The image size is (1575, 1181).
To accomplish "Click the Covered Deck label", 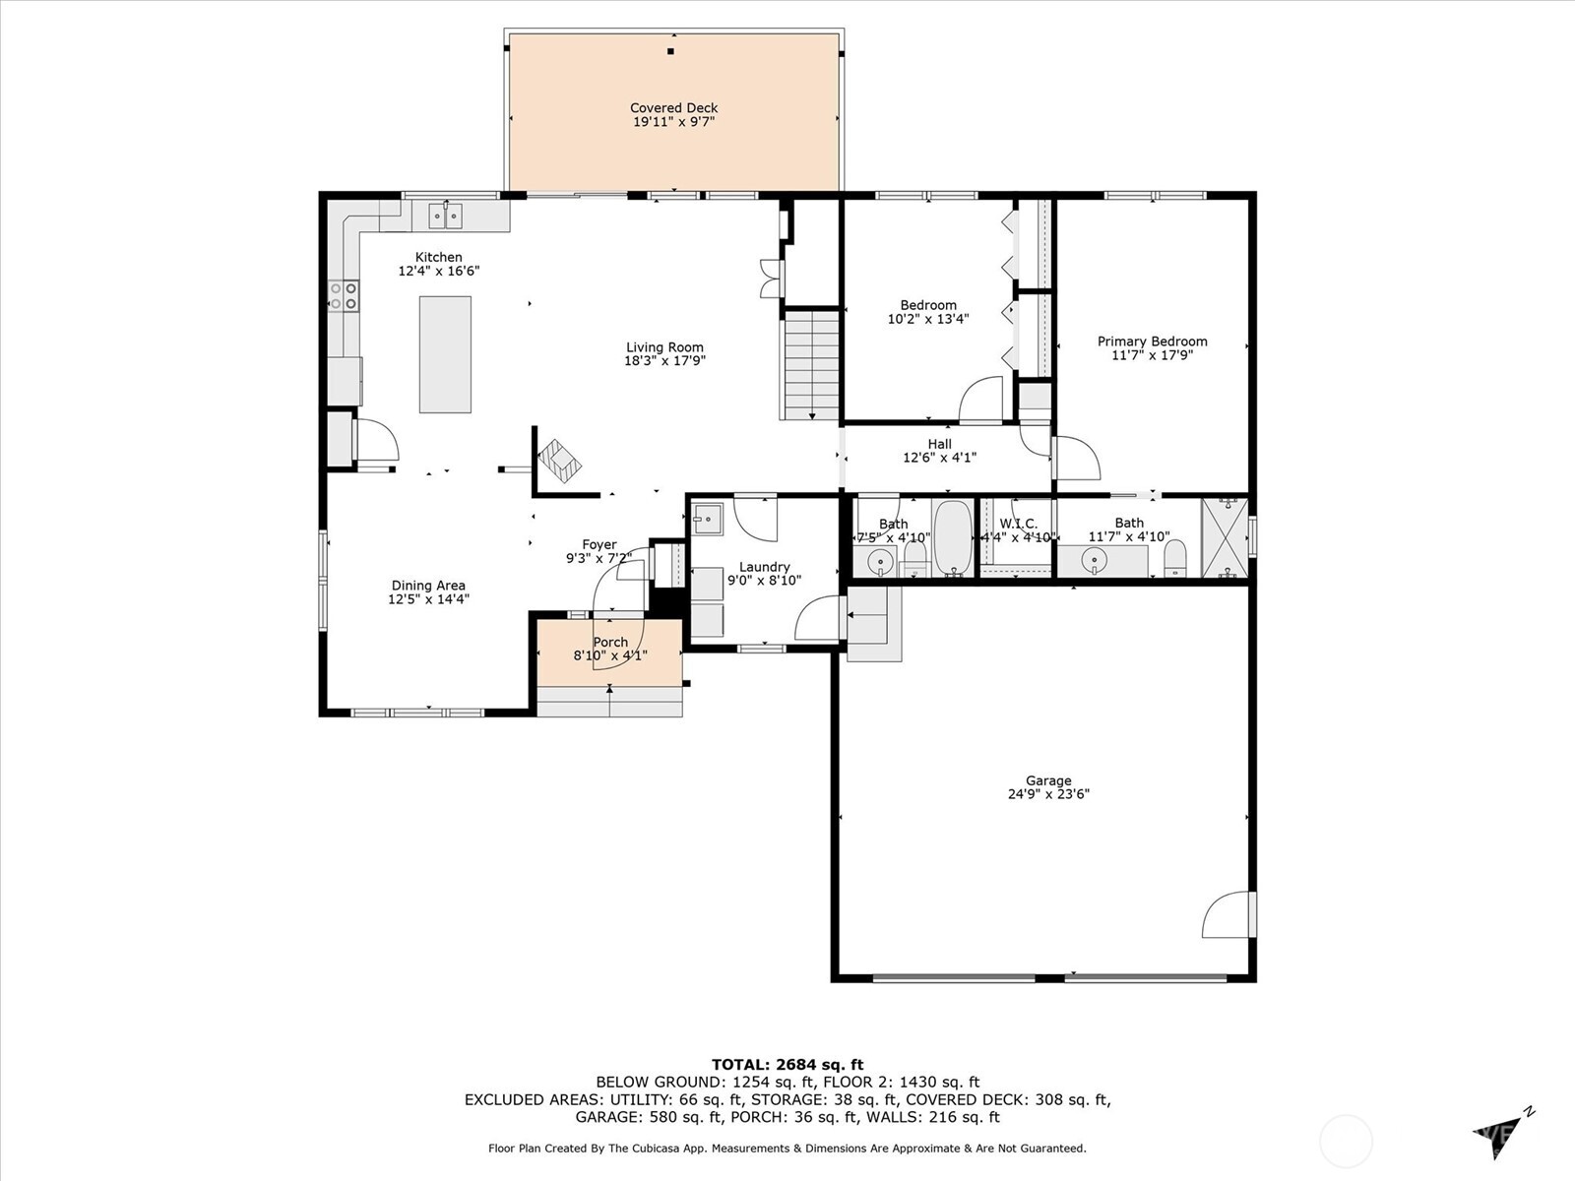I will (673, 108).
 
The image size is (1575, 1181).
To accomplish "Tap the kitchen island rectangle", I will (445, 354).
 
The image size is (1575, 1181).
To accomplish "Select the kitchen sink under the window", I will (446, 215).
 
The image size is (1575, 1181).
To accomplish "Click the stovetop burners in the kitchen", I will (344, 296).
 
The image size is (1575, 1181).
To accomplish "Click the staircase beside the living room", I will (811, 364).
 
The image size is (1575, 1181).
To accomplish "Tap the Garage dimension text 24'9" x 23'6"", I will (1047, 794).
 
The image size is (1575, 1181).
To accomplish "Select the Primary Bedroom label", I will (1152, 342).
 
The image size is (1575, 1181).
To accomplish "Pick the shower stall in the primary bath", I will (1225, 538).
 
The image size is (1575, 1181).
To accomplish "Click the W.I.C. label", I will (1018, 524).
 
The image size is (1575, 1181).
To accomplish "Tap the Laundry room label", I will (764, 567).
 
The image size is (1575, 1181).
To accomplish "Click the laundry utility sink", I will (707, 519).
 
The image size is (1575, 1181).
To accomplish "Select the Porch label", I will (610, 642).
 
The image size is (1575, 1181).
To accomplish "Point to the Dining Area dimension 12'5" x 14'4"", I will (428, 598).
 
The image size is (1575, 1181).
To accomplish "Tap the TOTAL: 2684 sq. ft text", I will (787, 1064).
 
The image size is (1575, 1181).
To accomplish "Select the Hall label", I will (939, 444).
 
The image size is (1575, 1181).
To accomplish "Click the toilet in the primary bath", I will (1175, 561).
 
